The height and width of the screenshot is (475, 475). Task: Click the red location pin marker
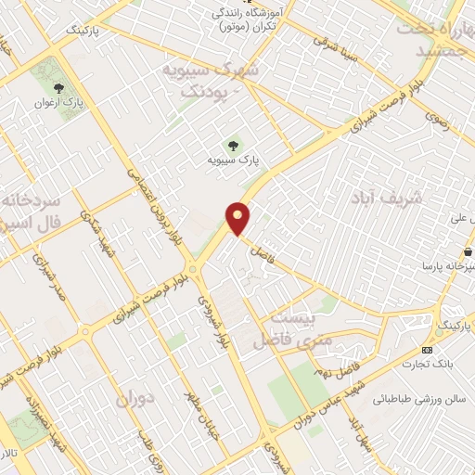[x=239, y=218]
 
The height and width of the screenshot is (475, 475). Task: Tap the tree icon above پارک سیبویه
[x=233, y=145]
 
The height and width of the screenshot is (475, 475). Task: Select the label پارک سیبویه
[x=234, y=161]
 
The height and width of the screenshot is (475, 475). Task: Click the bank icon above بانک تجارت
[x=427, y=350]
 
